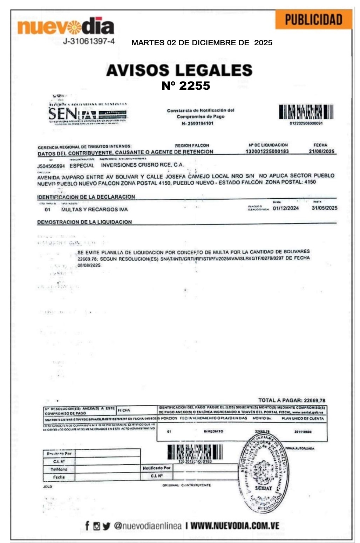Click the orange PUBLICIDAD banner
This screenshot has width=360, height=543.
313,20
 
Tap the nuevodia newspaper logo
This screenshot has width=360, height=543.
66,26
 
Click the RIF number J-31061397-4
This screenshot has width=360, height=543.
89,41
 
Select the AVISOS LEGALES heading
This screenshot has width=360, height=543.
179,70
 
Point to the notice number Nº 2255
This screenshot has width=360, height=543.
186,85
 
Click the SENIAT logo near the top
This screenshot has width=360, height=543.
87,113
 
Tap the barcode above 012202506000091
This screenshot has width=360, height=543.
306,112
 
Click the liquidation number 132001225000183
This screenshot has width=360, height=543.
267,151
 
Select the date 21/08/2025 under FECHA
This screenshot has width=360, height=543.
321,151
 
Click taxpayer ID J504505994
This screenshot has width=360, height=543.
51,166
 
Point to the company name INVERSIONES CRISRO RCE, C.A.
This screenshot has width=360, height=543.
142,165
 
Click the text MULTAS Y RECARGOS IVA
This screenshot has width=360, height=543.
94,209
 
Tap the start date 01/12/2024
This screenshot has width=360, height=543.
286,208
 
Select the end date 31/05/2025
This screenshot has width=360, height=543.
324,208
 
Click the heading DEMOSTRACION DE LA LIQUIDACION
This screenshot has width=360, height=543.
84,222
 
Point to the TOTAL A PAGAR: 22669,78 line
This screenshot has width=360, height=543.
292,400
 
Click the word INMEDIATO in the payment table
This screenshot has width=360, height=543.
213,431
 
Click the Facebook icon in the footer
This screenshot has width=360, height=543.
87,525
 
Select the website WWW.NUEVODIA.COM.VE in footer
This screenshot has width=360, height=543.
235,525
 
